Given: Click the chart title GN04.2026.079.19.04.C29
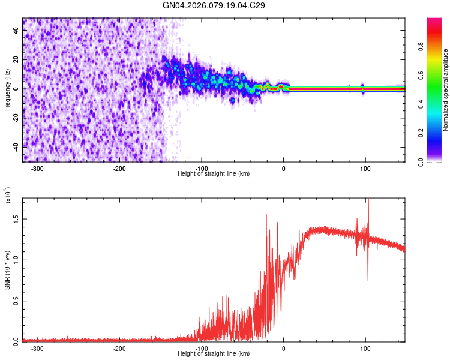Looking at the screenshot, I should [214, 5].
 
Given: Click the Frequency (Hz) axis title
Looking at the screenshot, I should [7, 90].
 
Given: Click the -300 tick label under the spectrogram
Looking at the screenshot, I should [37, 168].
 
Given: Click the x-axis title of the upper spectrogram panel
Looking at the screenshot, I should [214, 174].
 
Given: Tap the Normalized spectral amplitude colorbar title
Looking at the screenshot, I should [446, 90].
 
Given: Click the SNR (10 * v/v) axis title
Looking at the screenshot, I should [7, 270].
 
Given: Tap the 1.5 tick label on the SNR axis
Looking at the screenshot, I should [16, 219].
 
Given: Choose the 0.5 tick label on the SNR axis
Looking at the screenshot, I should [16, 301].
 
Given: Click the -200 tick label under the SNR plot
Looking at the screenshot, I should [119, 348].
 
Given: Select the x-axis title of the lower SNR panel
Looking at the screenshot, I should [214, 354].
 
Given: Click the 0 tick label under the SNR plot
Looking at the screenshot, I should [284, 348].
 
